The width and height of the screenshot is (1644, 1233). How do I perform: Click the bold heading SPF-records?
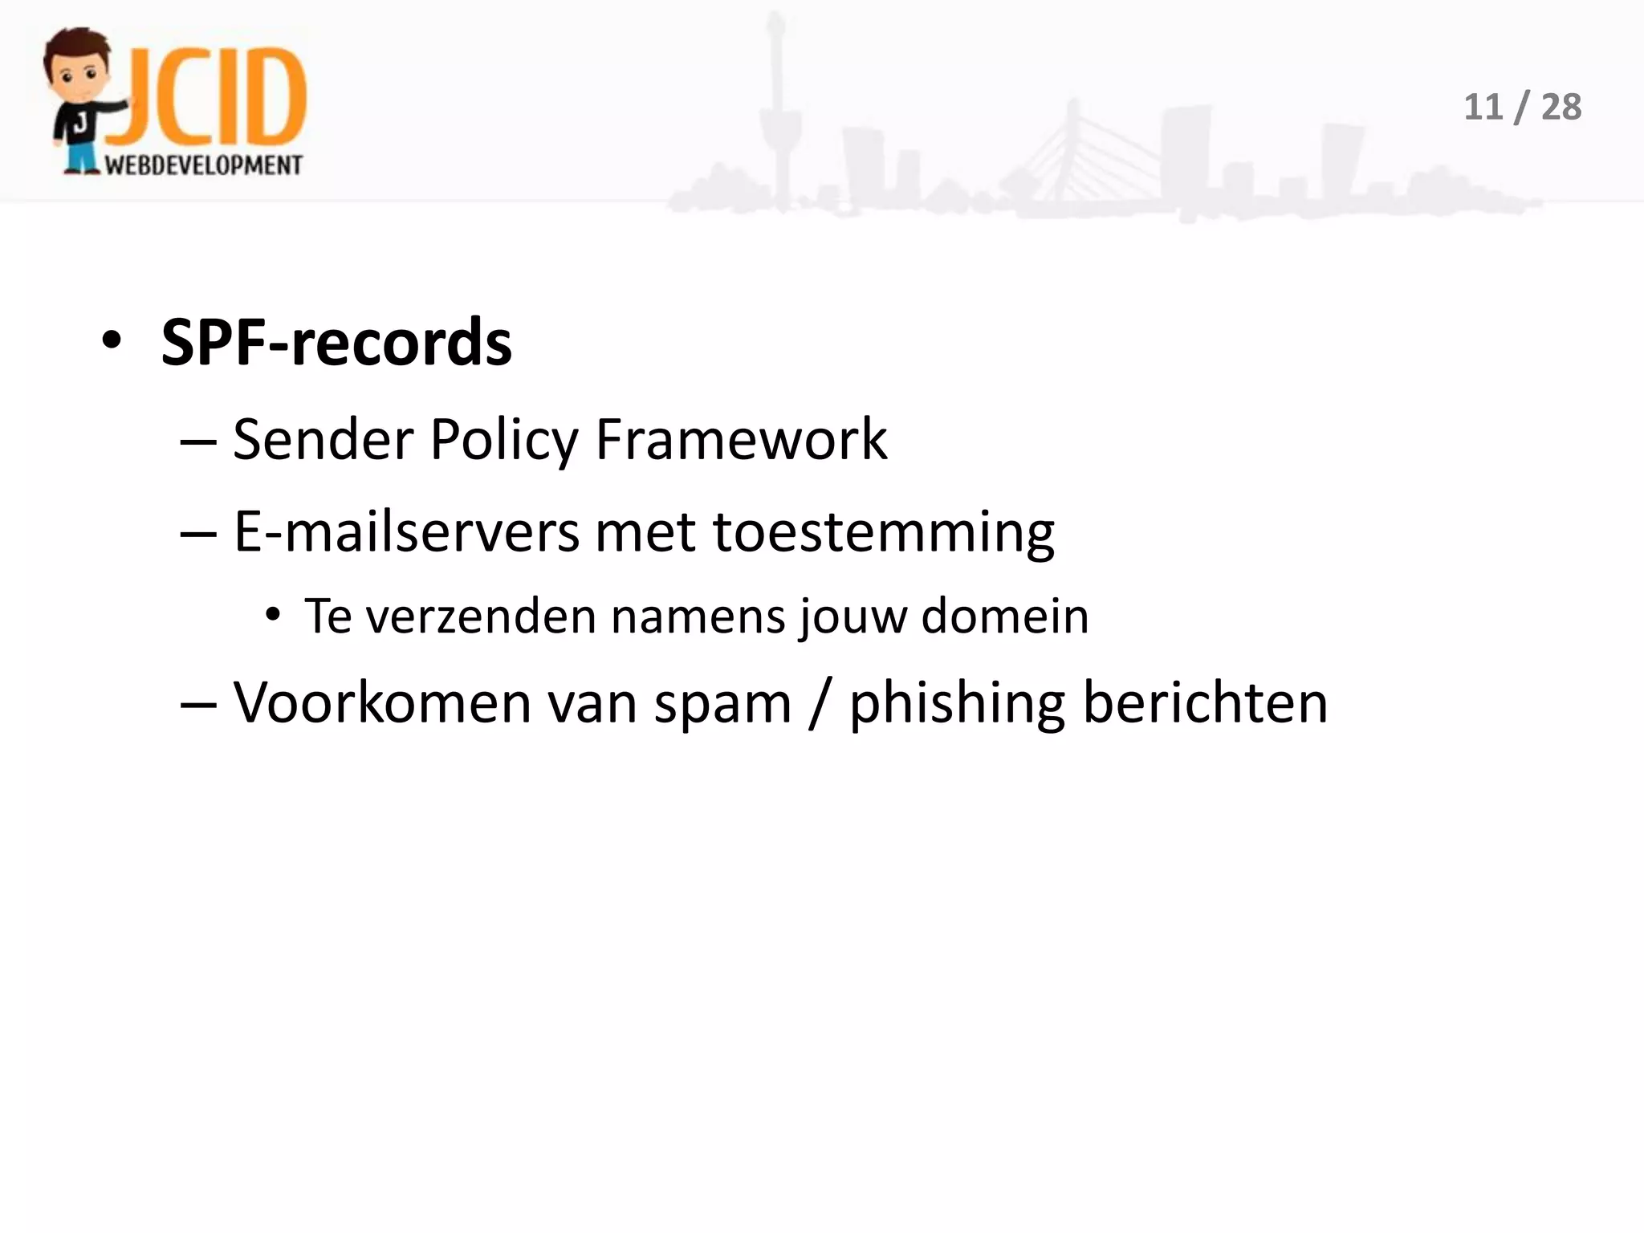pyautogui.click(x=336, y=343)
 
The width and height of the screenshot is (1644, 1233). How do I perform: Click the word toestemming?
pyautogui.click(x=883, y=533)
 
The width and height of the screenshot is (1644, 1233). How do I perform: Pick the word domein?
pyautogui.click(x=1005, y=616)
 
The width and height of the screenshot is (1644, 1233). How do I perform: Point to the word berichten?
pyautogui.click(x=1205, y=702)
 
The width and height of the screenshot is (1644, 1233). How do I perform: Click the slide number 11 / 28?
pyautogui.click(x=1522, y=107)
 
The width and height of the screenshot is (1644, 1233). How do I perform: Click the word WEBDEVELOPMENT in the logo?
pyautogui.click(x=204, y=165)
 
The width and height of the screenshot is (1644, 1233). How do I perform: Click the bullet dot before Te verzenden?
pyautogui.click(x=273, y=616)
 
